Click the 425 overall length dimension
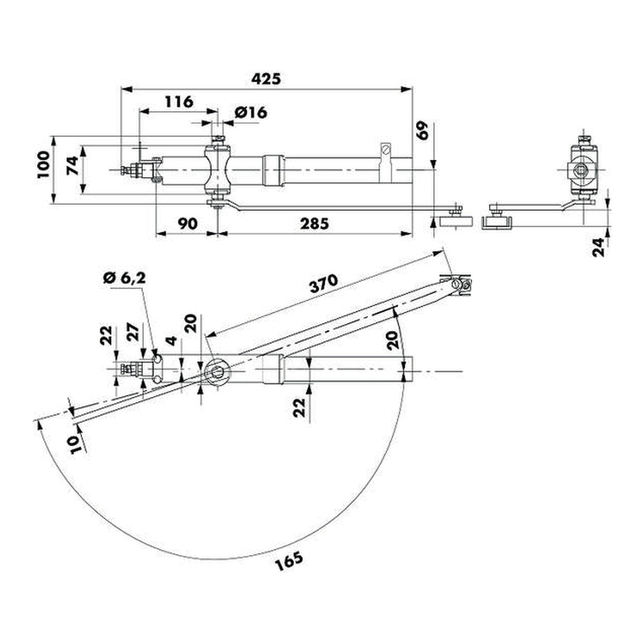click(266, 79)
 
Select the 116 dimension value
click(179, 101)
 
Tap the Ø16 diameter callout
click(251, 113)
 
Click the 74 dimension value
click(73, 165)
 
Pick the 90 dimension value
click(187, 224)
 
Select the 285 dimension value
click(314, 224)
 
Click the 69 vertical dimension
click(422, 131)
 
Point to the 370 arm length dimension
click(323, 284)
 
